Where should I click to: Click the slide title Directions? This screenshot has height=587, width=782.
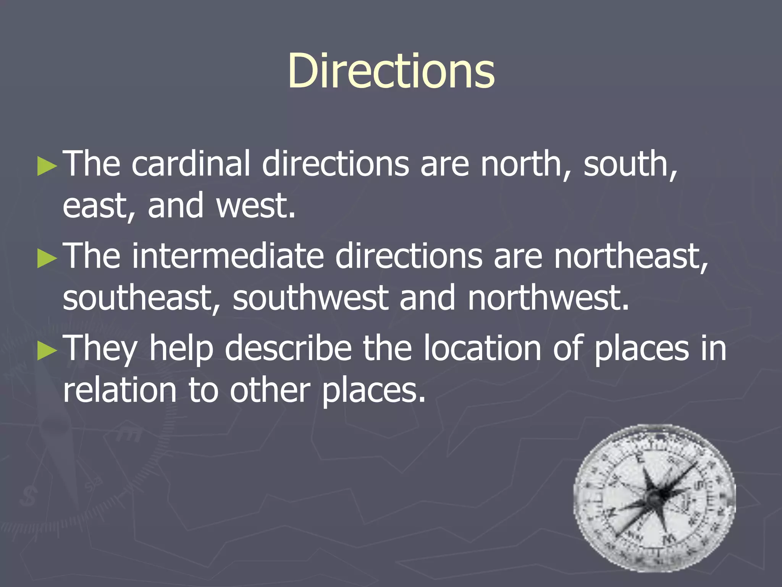tap(391, 71)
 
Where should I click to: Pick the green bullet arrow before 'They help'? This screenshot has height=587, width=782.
tap(47, 352)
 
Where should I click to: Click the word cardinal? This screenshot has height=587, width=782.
tap(191, 164)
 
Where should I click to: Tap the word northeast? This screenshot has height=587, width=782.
tap(630, 256)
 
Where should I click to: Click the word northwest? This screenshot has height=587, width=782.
tap(548, 298)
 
